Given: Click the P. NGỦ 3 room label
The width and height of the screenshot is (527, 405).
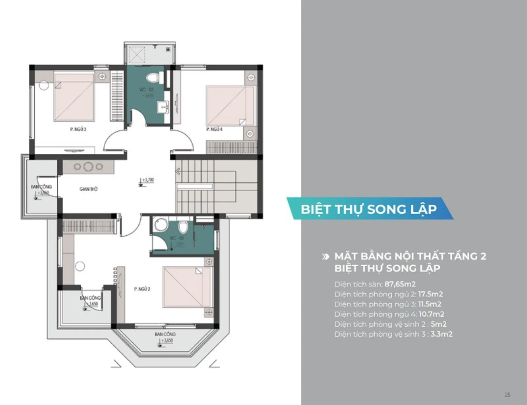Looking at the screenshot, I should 78,129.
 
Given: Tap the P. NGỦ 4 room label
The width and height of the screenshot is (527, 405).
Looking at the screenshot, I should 214,129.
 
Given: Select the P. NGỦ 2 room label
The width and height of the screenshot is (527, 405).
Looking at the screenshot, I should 142,289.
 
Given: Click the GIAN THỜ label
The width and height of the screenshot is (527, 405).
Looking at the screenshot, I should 88,189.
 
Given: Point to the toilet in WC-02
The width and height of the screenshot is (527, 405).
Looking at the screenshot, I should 152,78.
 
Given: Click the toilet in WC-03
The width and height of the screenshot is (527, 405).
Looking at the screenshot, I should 183,227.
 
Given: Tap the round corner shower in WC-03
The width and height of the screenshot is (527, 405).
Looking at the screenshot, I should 161,225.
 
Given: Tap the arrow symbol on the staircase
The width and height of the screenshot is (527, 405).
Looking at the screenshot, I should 178,171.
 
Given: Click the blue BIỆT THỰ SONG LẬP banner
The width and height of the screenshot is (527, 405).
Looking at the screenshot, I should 369,209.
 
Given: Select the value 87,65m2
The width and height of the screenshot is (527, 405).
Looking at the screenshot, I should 400,284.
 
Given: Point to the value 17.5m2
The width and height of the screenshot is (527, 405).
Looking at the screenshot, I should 430,294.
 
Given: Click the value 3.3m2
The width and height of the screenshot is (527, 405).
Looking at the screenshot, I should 441,334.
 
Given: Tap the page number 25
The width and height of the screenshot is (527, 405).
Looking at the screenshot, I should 507,394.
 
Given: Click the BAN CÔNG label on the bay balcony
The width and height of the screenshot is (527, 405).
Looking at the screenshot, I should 165,334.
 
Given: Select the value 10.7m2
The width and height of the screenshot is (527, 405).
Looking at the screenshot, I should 431,314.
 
